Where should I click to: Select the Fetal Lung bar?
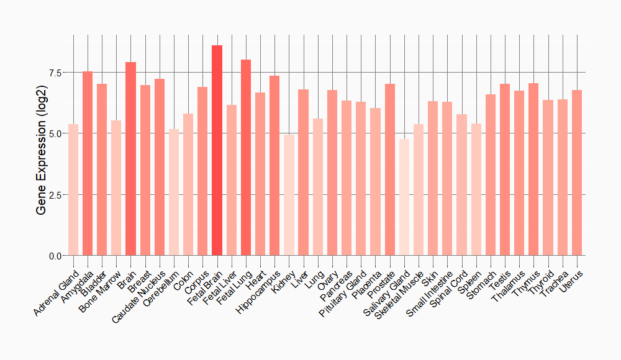coord(245,158)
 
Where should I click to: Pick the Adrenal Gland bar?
coord(73,190)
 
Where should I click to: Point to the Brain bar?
coord(130,159)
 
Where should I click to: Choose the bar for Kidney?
coord(289,195)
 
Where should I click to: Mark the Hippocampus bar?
coord(274,165)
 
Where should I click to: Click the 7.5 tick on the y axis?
coord(55,73)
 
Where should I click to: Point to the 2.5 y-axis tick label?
coord(55,195)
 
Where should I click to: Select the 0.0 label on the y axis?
coord(55,256)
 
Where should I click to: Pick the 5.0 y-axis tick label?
coord(55,133)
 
